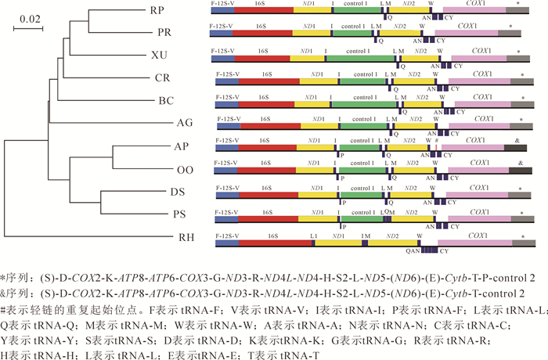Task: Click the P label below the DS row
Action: pos(343,201)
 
